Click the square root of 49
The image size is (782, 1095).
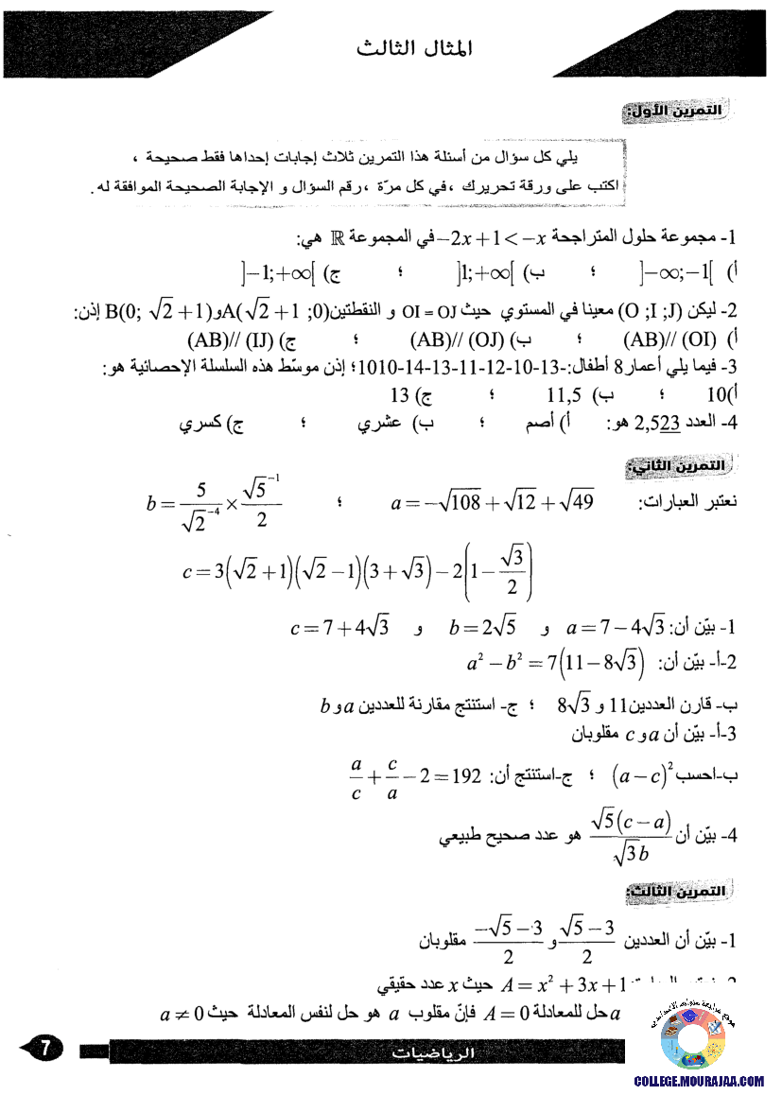coord(572,504)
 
